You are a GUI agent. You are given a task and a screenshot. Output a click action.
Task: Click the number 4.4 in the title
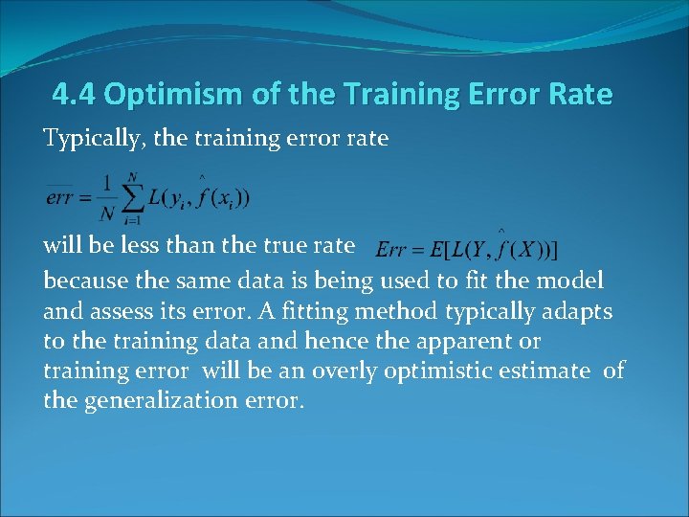tap(75, 95)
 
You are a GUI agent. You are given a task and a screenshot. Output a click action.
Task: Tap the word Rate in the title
tap(577, 95)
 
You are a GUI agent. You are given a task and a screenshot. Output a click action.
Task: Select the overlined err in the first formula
tap(58, 199)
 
